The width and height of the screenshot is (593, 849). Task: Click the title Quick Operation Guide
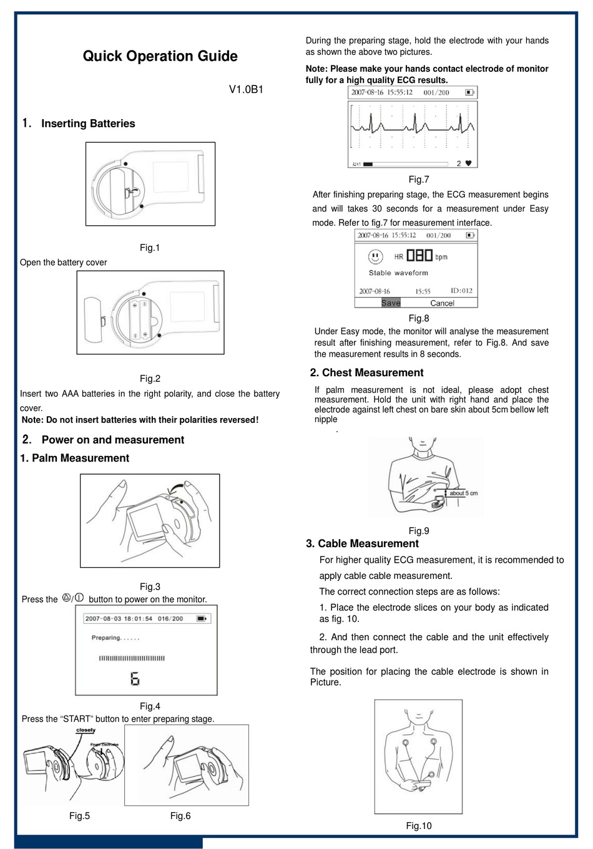coord(160,56)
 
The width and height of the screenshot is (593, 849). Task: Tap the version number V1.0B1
coord(246,89)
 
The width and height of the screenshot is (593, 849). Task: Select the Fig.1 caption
coord(150,248)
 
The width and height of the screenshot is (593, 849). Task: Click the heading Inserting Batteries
coord(88,124)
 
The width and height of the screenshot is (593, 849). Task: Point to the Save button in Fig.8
coord(391,303)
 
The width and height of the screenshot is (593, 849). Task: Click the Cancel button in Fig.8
coord(442,303)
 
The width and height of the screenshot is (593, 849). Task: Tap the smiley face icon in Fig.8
coord(375,256)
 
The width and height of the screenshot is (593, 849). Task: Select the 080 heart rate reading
coord(419,256)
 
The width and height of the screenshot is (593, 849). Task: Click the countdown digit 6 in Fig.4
coord(135,679)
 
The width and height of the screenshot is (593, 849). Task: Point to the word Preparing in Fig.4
coord(106,638)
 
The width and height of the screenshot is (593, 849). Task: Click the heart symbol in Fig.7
coord(469,163)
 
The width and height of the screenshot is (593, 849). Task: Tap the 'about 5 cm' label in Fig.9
coord(463,493)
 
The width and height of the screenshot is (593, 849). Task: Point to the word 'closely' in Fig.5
coord(86,730)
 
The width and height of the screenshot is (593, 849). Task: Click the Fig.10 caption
coord(418,826)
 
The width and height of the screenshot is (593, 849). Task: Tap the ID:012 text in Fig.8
coord(461,291)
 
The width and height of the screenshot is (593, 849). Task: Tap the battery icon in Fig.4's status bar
coord(202,619)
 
